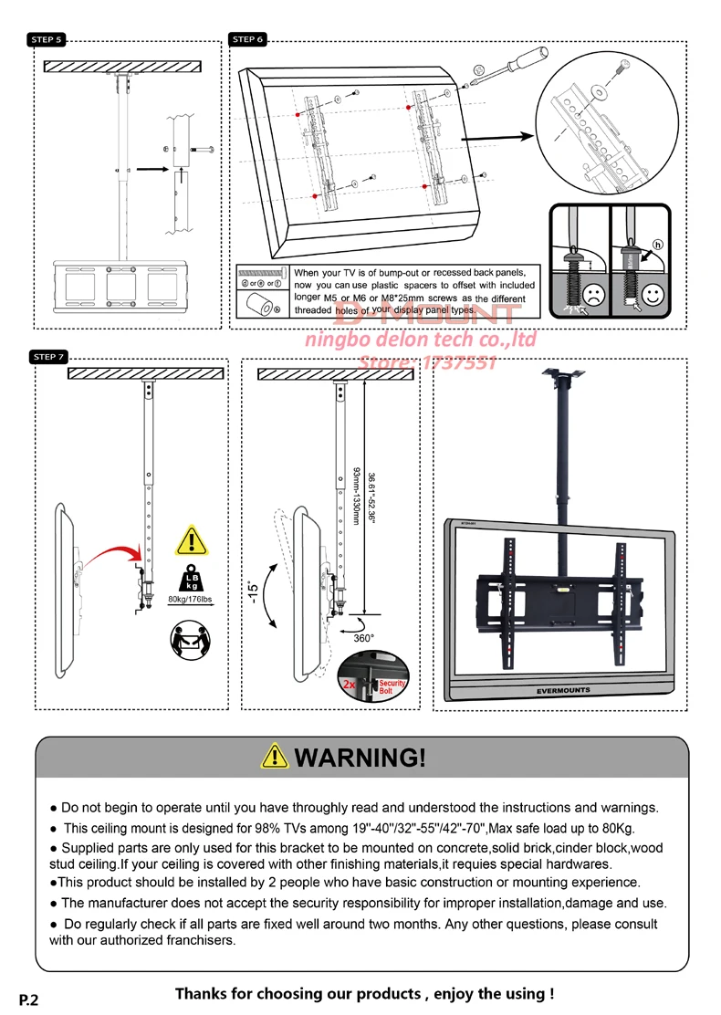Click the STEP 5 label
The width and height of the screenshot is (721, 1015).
[46, 40]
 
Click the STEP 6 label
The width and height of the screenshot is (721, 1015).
[247, 40]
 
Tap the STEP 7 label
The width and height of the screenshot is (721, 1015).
[48, 357]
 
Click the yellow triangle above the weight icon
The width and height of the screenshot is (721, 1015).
[192, 541]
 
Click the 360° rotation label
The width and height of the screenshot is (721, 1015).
[364, 638]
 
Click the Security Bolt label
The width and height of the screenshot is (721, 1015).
[392, 687]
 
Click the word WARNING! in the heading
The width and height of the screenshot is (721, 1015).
[360, 758]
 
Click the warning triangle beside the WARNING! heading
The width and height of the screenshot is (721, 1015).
[275, 757]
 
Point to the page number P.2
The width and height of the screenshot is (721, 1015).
[29, 999]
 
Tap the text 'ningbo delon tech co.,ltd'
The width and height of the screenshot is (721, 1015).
[420, 340]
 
